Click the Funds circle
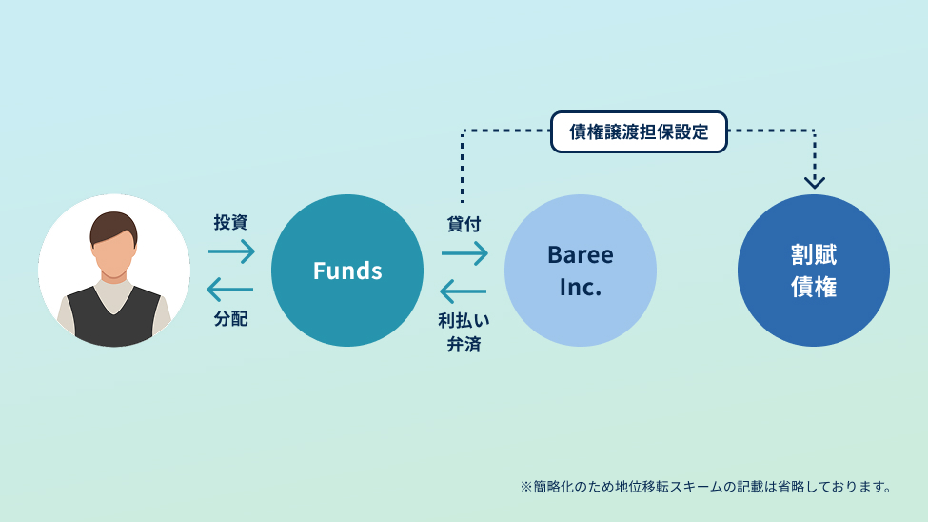347,271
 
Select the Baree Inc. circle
581,271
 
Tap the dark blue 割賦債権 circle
814,271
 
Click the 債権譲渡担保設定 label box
639,132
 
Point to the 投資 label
230,223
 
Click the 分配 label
230,319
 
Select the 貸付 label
464,225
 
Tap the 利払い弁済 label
464,331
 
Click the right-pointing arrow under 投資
231,251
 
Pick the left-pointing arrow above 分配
230,289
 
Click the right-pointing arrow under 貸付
464,252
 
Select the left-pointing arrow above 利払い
464,290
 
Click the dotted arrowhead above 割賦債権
815,181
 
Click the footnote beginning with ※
705,487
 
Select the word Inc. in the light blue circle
581,287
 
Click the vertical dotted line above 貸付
462,167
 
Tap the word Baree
581,255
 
